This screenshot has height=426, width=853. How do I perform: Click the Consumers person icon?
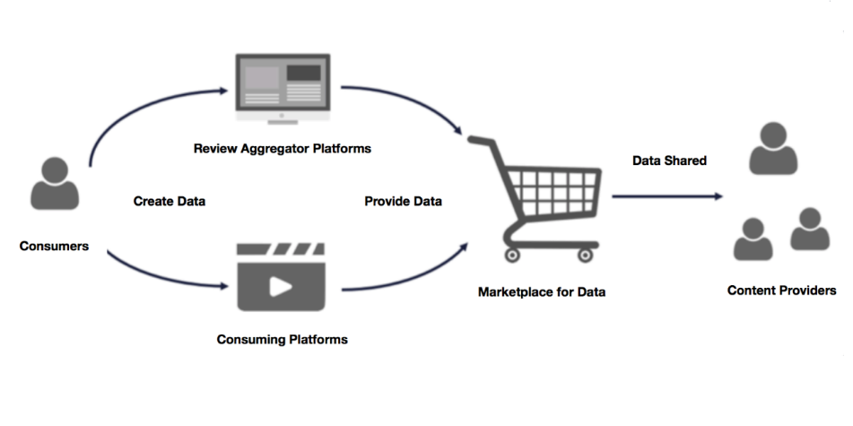[55, 184]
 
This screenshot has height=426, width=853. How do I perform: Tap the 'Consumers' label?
[54, 245]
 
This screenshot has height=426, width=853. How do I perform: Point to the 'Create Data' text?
[170, 201]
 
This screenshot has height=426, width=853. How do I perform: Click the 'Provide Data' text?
[403, 201]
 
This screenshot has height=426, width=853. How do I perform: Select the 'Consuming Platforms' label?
[282, 340]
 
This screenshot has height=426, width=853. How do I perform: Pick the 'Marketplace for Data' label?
[542, 291]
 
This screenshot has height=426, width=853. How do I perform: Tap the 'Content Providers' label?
[781, 291]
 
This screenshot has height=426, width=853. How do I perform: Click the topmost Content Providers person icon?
[772, 148]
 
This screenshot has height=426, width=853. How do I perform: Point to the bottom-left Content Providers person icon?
[753, 239]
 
